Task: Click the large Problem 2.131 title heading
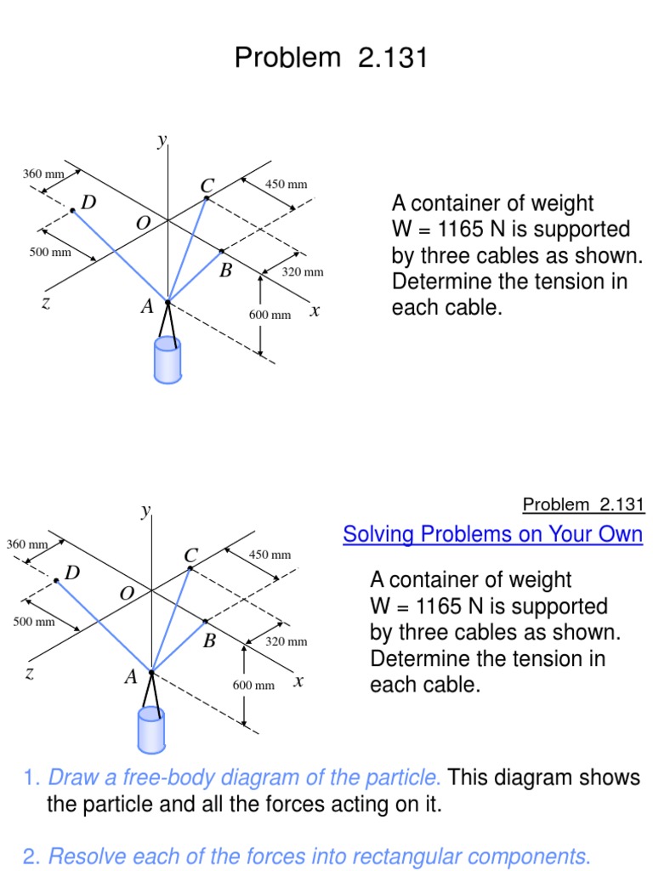coord(331,58)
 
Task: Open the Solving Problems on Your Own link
coord(492,534)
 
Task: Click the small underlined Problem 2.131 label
coord(583,504)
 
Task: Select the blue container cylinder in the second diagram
coord(151,730)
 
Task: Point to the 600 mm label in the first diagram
coord(270,315)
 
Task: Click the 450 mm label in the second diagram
coord(270,555)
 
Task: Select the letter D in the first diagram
coord(88,202)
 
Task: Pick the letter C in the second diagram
coord(190,555)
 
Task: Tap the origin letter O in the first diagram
coord(143,223)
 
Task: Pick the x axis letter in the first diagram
coord(315,311)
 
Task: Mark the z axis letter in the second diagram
coord(30,674)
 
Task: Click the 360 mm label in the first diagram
coord(43,174)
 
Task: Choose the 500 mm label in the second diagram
coord(34,622)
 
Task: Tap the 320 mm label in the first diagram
coord(303,272)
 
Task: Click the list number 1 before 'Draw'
coord(31,777)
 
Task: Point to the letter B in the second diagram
coord(209,642)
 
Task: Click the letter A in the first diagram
coord(147,307)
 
